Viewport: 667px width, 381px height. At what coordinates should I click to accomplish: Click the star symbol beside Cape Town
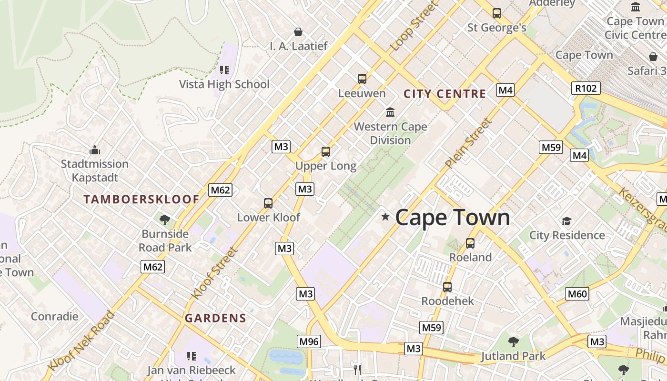tap(385, 217)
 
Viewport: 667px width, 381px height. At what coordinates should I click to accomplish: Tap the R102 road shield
tap(586, 88)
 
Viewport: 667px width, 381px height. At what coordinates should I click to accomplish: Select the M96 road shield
tap(309, 341)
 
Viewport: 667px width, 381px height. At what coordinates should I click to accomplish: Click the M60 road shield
tap(577, 294)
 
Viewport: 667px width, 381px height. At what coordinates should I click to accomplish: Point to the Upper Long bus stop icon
tap(326, 152)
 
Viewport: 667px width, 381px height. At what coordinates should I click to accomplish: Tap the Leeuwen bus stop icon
tap(362, 79)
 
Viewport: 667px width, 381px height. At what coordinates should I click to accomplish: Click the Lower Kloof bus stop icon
tap(268, 203)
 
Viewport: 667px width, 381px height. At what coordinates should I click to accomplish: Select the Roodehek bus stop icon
tap(447, 287)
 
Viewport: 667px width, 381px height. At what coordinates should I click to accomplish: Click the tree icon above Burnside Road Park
tap(165, 220)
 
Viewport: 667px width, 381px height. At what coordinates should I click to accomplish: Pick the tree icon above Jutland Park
tap(513, 341)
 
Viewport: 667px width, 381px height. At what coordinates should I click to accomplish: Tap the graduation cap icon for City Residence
tap(566, 221)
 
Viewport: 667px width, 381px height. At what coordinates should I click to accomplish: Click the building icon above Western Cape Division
tap(390, 112)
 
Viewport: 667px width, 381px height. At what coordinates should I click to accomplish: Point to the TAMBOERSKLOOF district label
tap(141, 200)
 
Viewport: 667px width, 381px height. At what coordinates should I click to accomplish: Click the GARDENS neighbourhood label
tap(215, 318)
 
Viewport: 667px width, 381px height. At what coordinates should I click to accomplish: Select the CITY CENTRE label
tap(445, 94)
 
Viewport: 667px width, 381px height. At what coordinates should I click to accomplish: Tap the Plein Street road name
tap(469, 143)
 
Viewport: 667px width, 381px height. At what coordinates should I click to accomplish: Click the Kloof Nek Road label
tap(82, 341)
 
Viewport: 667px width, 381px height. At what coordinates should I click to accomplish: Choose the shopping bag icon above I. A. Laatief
tap(298, 32)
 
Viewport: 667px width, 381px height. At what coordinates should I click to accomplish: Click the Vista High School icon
tap(224, 70)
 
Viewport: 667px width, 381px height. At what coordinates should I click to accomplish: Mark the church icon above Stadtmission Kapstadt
tap(95, 150)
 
